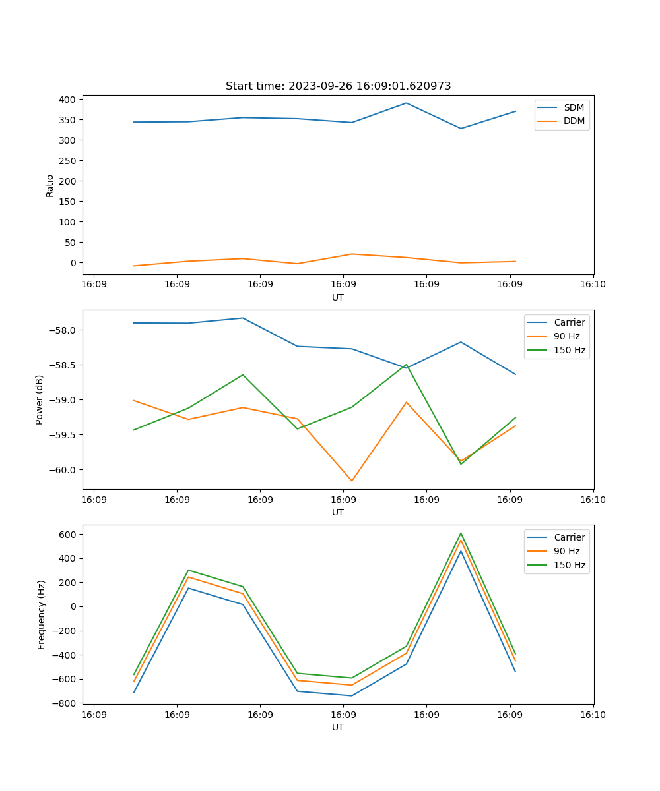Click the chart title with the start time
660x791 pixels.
click(x=338, y=86)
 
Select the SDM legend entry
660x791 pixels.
click(x=574, y=107)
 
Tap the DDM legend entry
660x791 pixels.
click(x=574, y=121)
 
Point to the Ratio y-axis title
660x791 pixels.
click(x=50, y=186)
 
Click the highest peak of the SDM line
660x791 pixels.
click(x=407, y=103)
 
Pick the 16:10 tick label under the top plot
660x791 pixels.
click(x=593, y=285)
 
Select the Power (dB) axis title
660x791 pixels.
click(x=40, y=399)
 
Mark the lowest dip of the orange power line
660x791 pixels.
click(x=352, y=481)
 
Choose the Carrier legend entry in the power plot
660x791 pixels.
click(x=569, y=322)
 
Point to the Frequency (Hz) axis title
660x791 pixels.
click(x=42, y=614)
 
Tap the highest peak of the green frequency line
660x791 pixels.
click(x=461, y=533)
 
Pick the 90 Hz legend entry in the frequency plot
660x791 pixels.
click(x=566, y=551)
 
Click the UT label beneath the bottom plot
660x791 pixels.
click(x=338, y=727)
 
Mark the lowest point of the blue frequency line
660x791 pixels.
click(x=352, y=695)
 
